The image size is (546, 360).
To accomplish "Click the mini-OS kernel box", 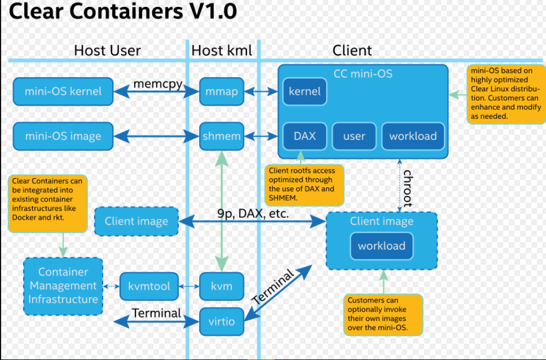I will point(63,91).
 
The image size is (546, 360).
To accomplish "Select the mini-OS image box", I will point(63,136).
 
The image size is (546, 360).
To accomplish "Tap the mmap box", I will point(222,91).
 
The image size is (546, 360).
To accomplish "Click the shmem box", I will point(222,136).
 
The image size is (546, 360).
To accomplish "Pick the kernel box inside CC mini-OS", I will point(305,91).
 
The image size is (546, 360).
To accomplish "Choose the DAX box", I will point(305,136).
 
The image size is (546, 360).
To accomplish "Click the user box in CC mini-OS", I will point(354,136).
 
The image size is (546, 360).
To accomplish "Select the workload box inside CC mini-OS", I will point(413,136).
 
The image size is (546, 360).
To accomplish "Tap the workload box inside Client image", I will point(382,246).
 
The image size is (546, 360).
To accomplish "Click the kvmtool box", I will point(149,287).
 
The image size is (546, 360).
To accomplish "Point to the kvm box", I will point(222,287).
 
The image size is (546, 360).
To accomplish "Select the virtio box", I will point(222,322).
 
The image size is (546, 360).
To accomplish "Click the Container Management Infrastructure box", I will point(63,286).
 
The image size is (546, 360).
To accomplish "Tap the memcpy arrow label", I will point(158,84).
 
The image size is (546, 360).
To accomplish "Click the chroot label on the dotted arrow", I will point(407,188).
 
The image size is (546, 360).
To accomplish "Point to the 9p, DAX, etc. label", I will point(253,213).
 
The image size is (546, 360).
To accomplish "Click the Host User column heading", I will point(107,50).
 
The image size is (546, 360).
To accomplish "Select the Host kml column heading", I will point(222,50).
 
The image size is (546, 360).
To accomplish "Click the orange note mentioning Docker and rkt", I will point(48,203).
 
